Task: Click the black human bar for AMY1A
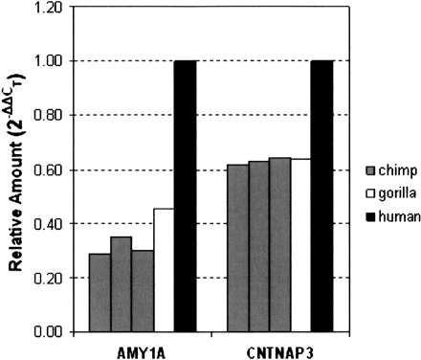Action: point(185,196)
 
